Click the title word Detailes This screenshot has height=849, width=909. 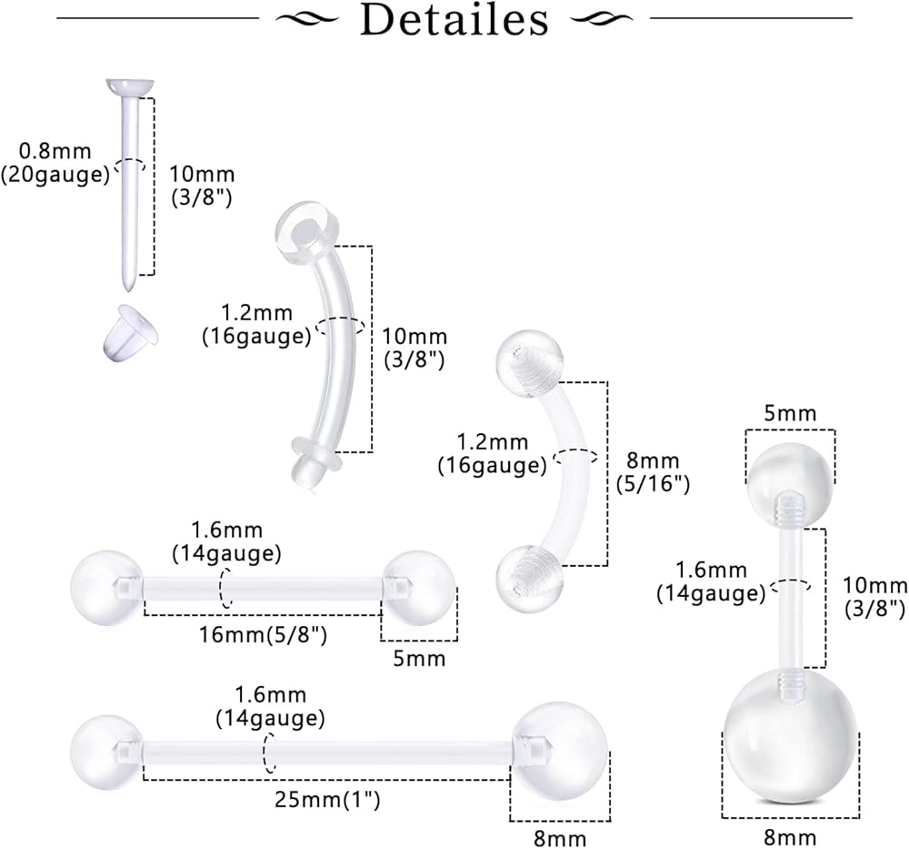pyautogui.click(x=454, y=20)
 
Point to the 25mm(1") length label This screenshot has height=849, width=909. pyautogui.click(x=326, y=800)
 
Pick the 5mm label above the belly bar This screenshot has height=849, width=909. pyautogui.click(x=790, y=413)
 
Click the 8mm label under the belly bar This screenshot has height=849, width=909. pyautogui.click(x=789, y=836)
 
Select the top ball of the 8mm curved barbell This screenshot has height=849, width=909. pyautogui.click(x=530, y=362)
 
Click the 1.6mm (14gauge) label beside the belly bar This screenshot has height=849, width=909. pyautogui.click(x=711, y=582)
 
